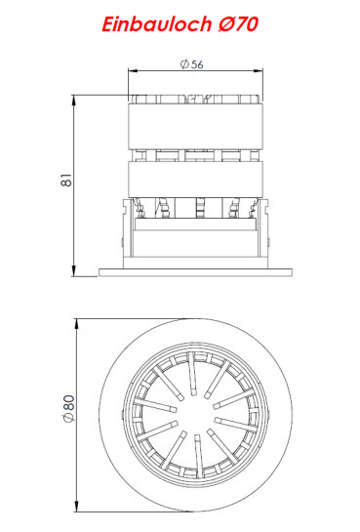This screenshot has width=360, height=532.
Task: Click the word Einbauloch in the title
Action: (157, 24)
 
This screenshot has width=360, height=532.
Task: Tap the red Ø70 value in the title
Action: (238, 24)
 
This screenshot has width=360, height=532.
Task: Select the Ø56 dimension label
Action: (192, 64)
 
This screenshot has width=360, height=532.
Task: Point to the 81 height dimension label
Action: (66, 180)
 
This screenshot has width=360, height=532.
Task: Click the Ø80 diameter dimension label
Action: (68, 408)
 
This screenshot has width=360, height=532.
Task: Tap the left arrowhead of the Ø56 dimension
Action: (133, 70)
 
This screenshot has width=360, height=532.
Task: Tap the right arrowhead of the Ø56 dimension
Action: (259, 70)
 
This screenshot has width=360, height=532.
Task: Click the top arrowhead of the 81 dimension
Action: (74, 101)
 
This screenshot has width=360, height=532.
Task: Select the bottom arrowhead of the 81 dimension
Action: (74, 271)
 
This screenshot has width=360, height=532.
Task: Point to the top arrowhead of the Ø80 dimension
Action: (77, 324)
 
